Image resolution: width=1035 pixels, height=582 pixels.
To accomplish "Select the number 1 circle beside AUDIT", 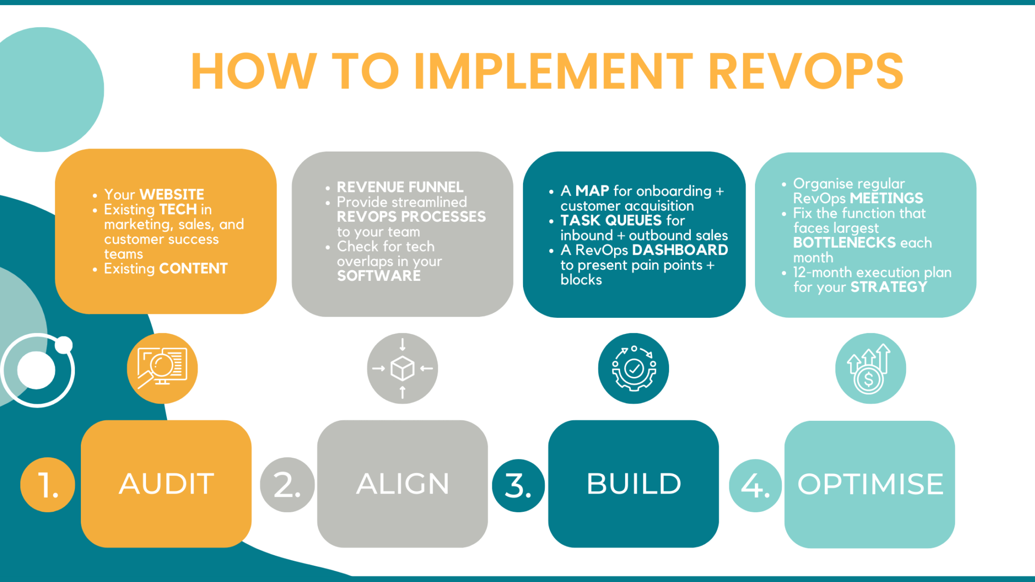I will [48, 485].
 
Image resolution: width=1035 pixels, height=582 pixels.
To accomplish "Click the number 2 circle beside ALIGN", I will [287, 485].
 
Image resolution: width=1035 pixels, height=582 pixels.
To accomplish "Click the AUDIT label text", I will [166, 483].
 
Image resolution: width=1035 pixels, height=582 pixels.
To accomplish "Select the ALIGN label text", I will [402, 483].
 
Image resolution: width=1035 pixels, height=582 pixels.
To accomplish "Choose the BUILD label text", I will [634, 483].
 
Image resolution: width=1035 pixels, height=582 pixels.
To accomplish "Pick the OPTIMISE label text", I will [870, 484].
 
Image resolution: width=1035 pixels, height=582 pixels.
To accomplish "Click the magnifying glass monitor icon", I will [162, 368].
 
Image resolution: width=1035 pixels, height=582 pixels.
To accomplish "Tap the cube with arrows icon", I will [402, 368].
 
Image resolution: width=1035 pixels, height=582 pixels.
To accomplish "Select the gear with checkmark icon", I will [633, 368].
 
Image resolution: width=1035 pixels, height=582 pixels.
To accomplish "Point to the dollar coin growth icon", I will [870, 368].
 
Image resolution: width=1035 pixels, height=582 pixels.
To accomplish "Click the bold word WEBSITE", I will [172, 195].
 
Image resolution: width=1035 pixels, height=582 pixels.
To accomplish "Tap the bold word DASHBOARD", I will [680, 250].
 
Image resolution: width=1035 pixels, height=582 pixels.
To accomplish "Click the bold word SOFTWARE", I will [379, 276].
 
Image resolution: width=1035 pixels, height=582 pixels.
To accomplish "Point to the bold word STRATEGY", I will [889, 287].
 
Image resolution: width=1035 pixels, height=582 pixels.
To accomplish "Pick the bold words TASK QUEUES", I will [611, 220].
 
